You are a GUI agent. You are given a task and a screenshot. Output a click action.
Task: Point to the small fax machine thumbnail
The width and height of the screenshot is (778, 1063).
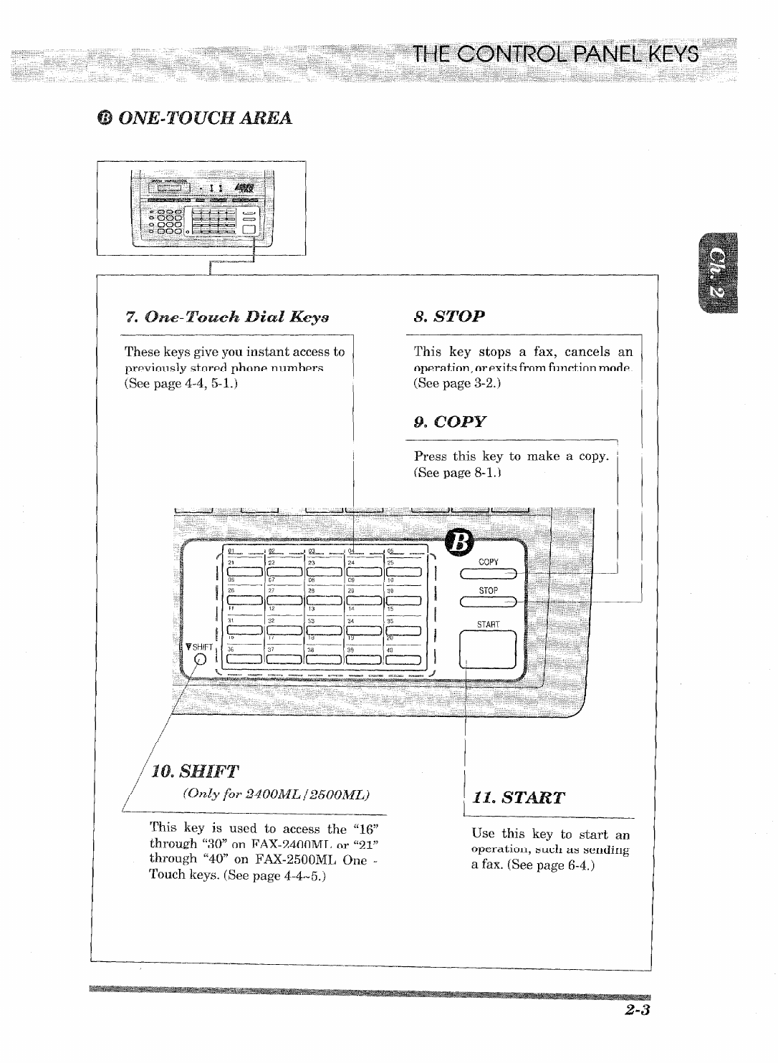pyautogui.click(x=201, y=208)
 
